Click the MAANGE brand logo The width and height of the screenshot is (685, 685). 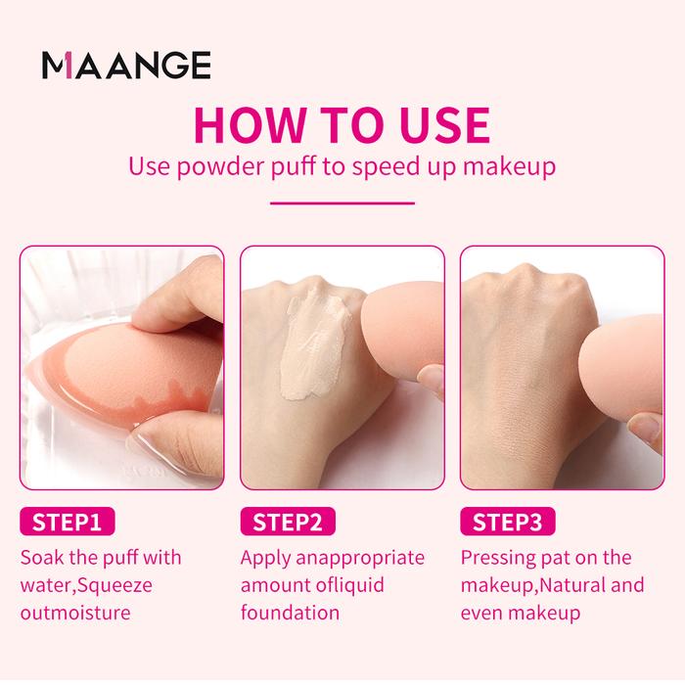(x=126, y=66)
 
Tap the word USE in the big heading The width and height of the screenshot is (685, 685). (x=444, y=125)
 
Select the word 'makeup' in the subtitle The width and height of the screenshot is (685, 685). (x=509, y=167)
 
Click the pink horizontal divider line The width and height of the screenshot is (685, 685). (x=342, y=203)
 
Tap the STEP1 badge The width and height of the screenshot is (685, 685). (x=68, y=522)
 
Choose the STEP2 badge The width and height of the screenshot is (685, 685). (x=288, y=522)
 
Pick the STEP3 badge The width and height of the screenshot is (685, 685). (x=508, y=522)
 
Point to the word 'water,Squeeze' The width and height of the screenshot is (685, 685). (x=86, y=586)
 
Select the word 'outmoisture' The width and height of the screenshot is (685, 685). (x=75, y=613)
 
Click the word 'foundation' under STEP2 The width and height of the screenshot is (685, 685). (x=290, y=613)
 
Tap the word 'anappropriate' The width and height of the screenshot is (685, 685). (x=360, y=559)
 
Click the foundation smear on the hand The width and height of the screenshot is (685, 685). (x=314, y=346)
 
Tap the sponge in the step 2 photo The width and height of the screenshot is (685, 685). (x=402, y=331)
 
